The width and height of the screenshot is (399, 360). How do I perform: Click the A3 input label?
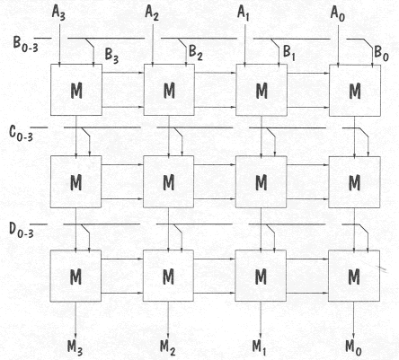tap(58, 13)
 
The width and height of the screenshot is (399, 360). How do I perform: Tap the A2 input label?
tap(152, 13)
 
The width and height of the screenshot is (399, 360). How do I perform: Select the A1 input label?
tap(244, 13)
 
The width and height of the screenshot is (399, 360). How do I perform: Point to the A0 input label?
tap(338, 13)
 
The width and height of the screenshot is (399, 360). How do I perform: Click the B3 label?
tap(111, 56)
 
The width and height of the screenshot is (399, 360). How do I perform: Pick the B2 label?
tap(196, 53)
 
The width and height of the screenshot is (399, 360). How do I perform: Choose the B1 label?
tap(289, 53)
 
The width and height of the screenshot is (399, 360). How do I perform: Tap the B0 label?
tap(381, 54)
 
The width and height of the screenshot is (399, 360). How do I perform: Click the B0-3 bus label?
tap(26, 44)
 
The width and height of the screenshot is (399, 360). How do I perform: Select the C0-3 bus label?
tap(22, 133)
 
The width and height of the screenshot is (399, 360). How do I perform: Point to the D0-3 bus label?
tap(22, 230)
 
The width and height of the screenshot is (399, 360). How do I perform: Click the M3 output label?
tap(75, 347)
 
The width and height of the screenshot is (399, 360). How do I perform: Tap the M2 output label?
tap(168, 347)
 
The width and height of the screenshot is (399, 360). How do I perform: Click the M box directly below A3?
tap(76, 90)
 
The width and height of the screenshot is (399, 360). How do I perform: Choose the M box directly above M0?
tap(354, 277)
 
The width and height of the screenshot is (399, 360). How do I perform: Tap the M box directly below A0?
tap(355, 91)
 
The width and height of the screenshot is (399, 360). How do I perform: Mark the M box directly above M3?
tap(75, 276)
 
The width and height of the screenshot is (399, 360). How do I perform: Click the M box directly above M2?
tap(168, 276)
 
